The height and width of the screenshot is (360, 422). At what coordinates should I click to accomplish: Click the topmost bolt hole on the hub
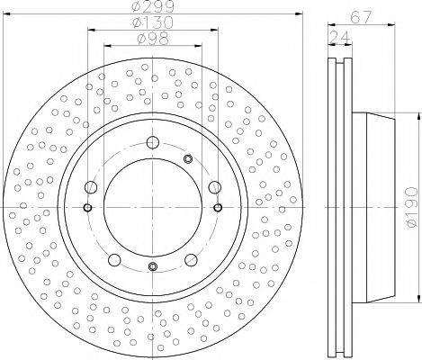click(x=153, y=141)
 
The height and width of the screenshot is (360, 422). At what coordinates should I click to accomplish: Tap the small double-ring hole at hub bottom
click(x=153, y=265)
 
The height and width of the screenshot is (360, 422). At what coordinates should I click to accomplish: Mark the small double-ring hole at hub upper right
click(x=188, y=159)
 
